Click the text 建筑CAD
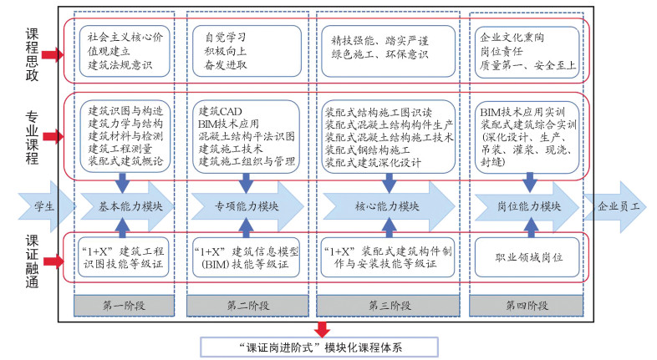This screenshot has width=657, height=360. pos(220,110)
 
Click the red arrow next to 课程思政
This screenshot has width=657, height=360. pos(53,55)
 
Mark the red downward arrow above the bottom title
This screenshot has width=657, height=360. pos(322,327)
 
